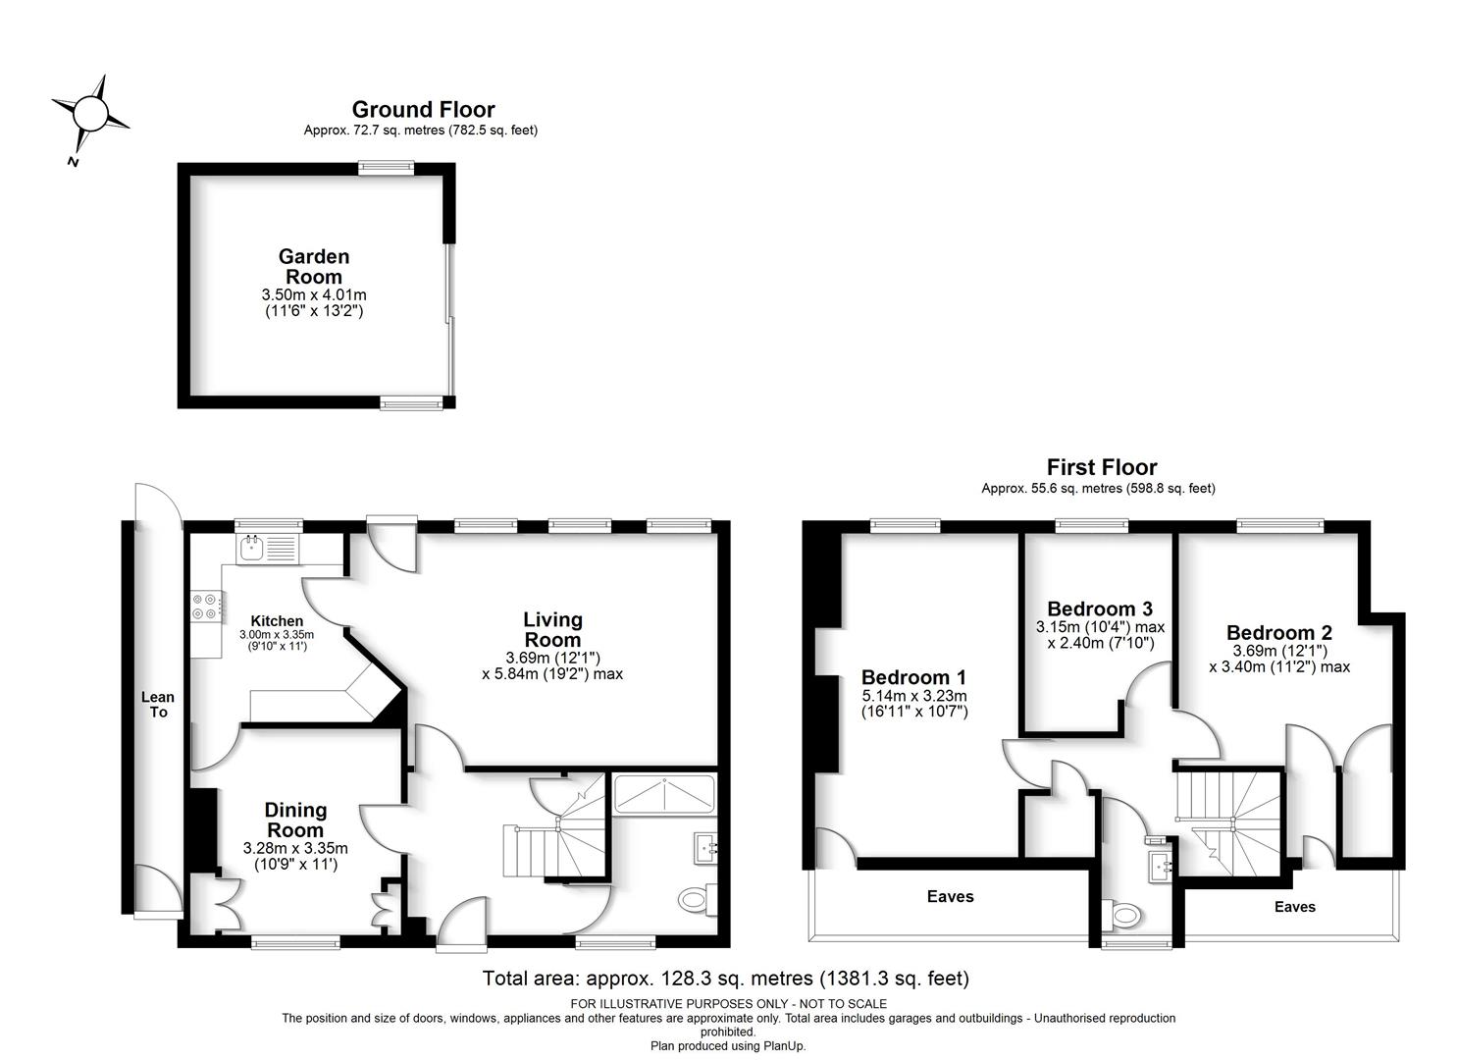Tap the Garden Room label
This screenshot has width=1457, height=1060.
[x=314, y=266]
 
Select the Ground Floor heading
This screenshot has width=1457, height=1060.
[x=424, y=109]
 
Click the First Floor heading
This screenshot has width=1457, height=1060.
[x=1102, y=466]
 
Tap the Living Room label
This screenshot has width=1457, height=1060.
[x=553, y=629]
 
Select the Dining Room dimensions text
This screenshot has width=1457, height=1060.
[x=295, y=856]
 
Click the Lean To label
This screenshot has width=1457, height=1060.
[x=157, y=704]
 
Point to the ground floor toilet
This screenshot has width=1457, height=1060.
[x=697, y=901]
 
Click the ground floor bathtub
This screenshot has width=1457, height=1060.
[x=664, y=795]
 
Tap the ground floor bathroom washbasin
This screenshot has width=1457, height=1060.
[x=704, y=849]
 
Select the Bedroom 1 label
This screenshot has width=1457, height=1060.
[x=913, y=677]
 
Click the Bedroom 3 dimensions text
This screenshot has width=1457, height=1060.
[x=1100, y=635]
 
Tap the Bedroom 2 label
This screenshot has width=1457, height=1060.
[x=1278, y=632]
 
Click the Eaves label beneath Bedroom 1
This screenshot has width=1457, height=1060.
[x=951, y=897]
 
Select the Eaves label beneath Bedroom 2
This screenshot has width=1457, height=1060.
[x=1295, y=907]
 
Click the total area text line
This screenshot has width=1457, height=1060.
[x=725, y=978]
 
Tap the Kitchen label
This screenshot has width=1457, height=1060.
[x=277, y=620]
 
